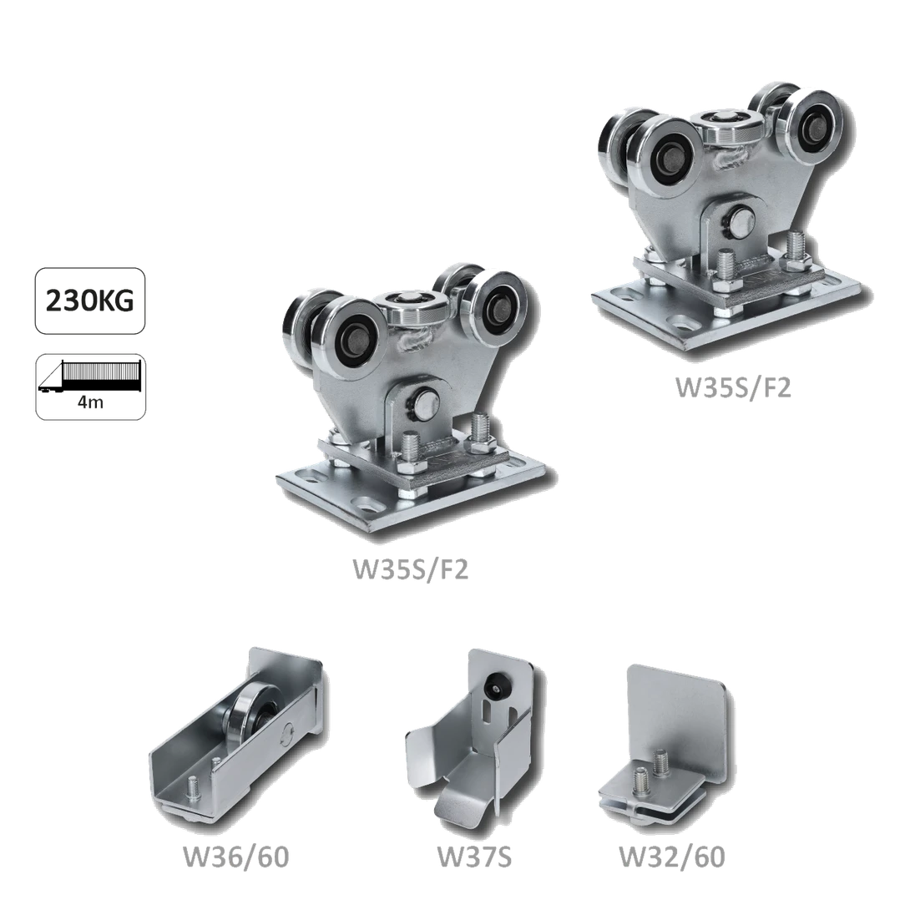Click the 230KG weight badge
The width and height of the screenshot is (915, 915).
pyautogui.click(x=90, y=301)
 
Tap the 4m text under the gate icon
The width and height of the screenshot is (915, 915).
pyautogui.click(x=90, y=402)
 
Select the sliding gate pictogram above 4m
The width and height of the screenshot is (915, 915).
pyautogui.click(x=90, y=377)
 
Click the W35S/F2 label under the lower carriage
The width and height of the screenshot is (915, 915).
pyautogui.click(x=410, y=569)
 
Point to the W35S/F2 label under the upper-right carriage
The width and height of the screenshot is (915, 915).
pyautogui.click(x=733, y=387)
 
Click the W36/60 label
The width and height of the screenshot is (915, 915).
pyautogui.click(x=235, y=857)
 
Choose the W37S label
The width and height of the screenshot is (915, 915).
pyautogui.click(x=474, y=857)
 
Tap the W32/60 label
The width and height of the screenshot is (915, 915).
pyautogui.click(x=672, y=857)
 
